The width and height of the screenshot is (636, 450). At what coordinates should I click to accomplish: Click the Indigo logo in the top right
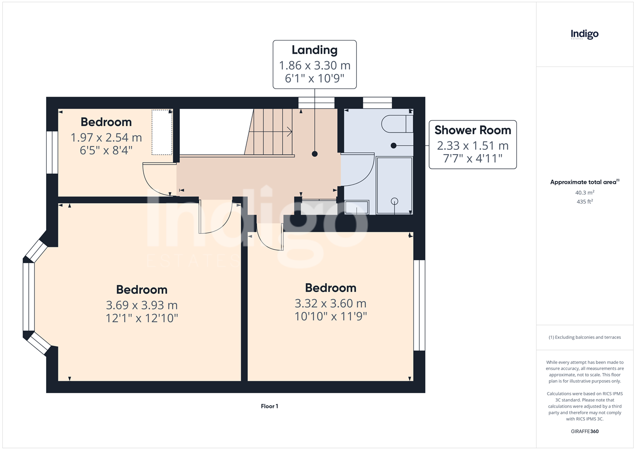[x=584, y=35]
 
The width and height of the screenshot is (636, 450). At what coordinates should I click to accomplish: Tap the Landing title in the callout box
[x=315, y=50]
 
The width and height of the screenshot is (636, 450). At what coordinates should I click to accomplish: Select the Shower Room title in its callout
[x=473, y=130]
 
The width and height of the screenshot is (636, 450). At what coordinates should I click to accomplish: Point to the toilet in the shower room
[x=397, y=124]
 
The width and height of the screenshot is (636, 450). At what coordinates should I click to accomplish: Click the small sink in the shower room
[x=357, y=207]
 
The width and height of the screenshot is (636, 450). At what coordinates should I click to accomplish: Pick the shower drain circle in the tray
[x=394, y=201]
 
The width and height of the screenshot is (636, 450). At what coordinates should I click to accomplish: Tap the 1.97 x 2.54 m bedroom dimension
[x=106, y=138]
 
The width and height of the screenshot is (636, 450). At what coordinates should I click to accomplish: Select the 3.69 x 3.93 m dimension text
[x=142, y=305]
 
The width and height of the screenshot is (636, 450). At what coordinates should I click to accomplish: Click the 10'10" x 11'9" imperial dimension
[x=331, y=316]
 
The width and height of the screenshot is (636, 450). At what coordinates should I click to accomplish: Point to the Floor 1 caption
[x=269, y=406]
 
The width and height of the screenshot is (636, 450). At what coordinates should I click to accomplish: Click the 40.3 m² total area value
[x=585, y=193]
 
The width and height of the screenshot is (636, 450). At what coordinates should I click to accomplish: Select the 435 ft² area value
[x=585, y=202]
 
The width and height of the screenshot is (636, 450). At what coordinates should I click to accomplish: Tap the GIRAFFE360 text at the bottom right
[x=585, y=431]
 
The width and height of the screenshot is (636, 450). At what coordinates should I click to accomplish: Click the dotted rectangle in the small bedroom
[x=162, y=132]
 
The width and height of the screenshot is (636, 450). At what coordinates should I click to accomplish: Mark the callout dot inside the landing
[x=315, y=154]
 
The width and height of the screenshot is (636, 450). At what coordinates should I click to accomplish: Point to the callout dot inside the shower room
[x=393, y=145]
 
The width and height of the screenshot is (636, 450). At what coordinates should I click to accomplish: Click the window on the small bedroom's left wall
[x=52, y=152]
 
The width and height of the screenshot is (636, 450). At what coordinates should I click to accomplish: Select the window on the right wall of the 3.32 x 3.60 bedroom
[x=419, y=305]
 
